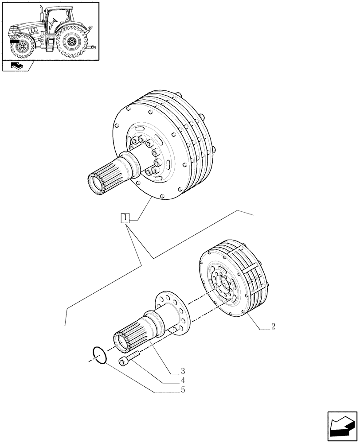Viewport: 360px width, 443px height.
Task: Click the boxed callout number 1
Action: click(x=126, y=218)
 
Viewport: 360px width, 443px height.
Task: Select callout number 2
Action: click(x=273, y=327)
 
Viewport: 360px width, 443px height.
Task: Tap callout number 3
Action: click(x=182, y=370)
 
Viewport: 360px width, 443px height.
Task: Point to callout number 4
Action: click(x=182, y=380)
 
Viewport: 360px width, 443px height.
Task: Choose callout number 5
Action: click(x=182, y=390)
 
